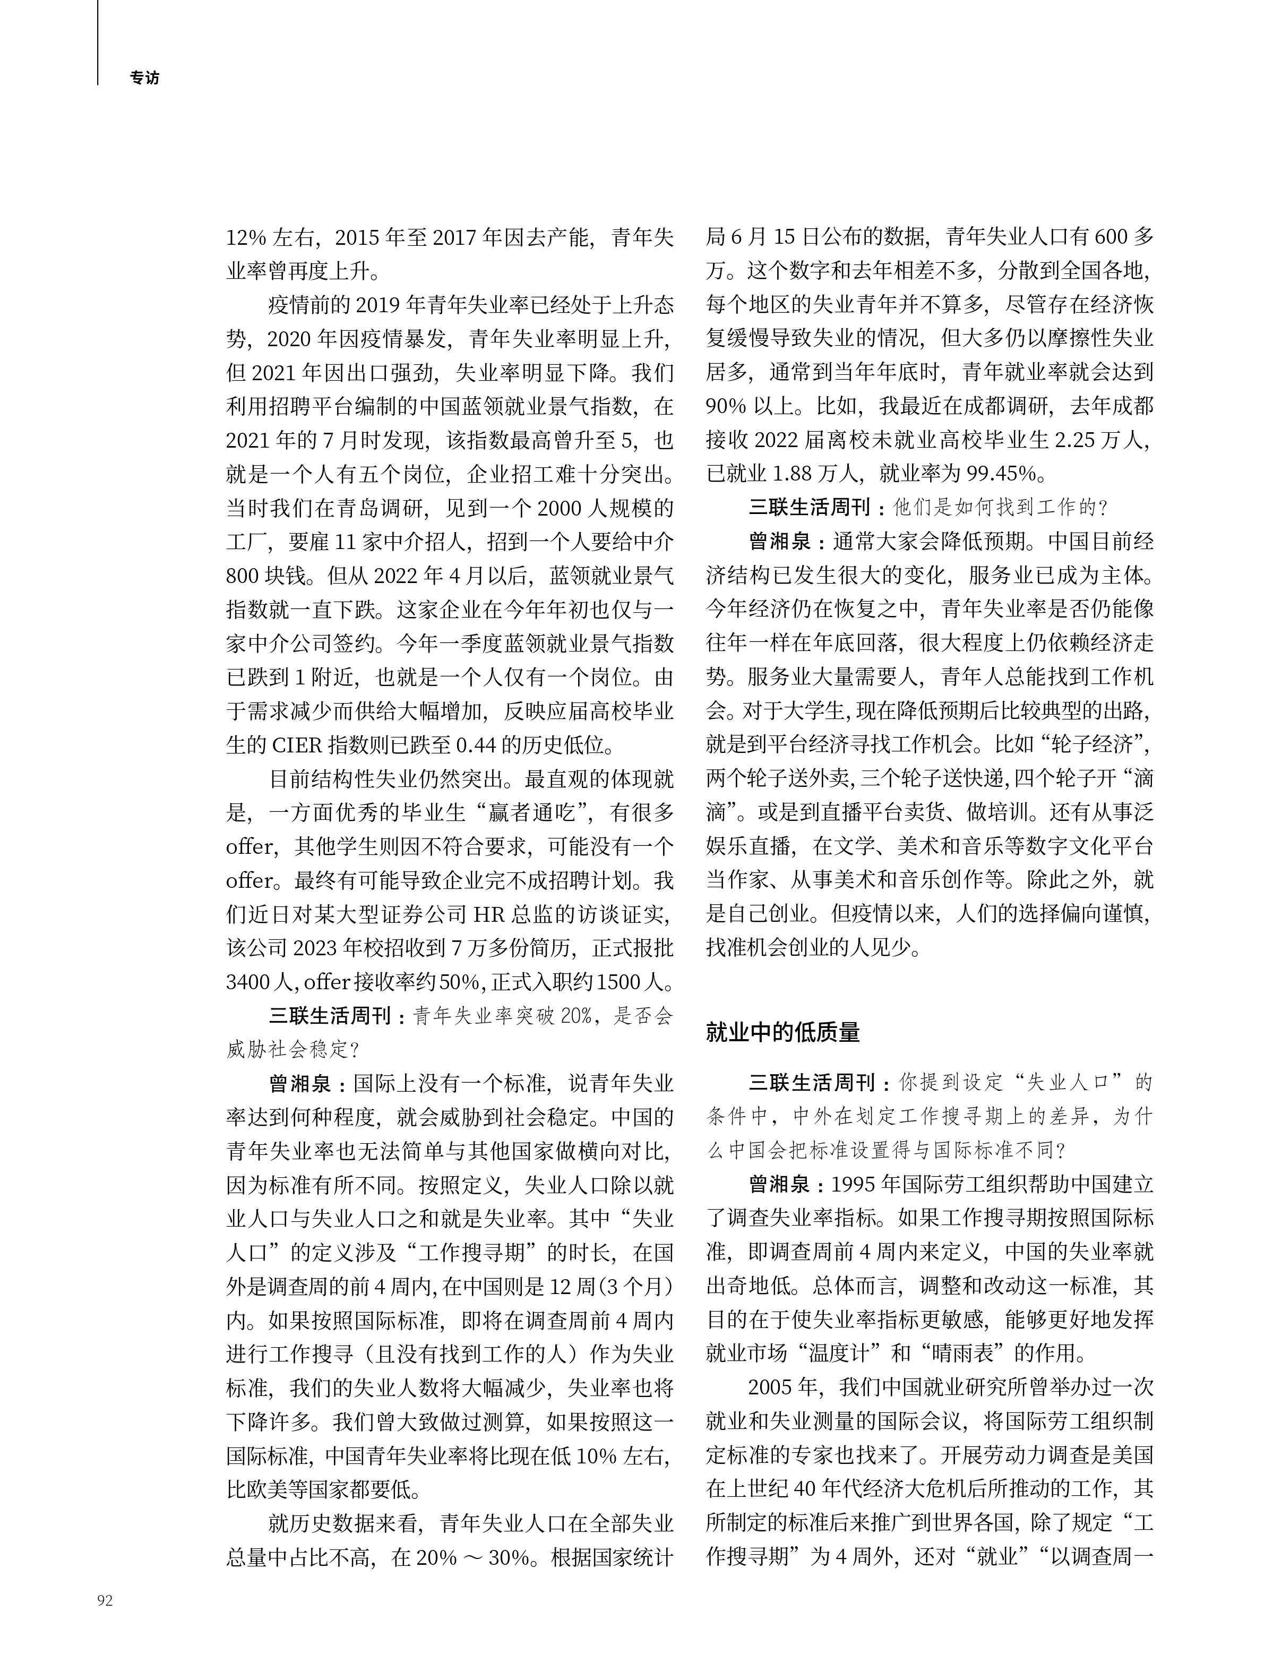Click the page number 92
(105, 1600)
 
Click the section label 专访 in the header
(145, 78)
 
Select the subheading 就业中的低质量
(782, 1032)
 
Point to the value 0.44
(476, 745)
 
